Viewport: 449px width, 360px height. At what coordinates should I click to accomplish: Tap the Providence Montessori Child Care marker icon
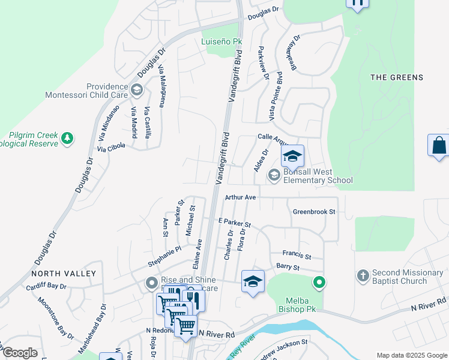[137, 91]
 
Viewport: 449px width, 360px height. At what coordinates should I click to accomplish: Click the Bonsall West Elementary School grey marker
[274, 175]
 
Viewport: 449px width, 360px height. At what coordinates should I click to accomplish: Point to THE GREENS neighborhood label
[396, 77]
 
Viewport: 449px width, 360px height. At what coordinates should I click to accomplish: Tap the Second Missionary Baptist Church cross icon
[362, 275]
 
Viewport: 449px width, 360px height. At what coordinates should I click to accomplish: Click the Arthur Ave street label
[241, 197]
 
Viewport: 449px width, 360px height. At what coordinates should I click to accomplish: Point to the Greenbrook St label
[313, 212]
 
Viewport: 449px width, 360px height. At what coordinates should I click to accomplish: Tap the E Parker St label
[234, 223]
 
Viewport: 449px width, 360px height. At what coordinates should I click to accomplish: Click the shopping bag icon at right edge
[439, 146]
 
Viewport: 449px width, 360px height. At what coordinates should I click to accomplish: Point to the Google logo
[19, 352]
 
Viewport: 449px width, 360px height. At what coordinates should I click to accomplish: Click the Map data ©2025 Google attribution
[411, 355]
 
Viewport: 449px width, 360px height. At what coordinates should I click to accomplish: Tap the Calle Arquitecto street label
[273, 137]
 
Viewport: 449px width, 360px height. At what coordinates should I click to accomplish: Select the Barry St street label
[288, 266]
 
